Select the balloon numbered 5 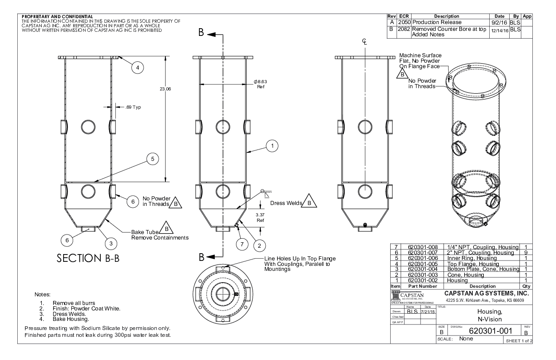(153, 159)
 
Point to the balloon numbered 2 (259, 246)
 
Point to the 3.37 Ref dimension (260, 217)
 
